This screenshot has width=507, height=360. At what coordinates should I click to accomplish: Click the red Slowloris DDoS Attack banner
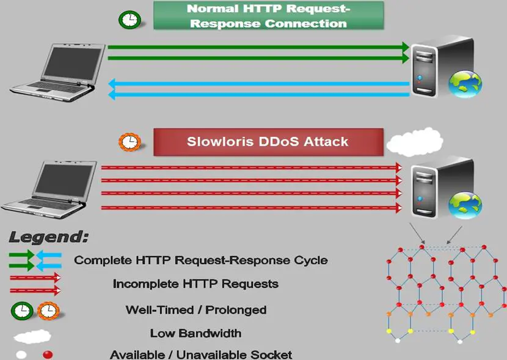point(268,142)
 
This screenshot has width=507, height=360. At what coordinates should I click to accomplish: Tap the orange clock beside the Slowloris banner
point(129,142)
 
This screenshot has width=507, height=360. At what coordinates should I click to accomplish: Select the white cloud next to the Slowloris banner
point(415,143)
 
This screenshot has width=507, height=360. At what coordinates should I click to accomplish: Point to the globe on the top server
point(465,84)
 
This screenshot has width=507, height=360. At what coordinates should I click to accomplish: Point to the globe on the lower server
point(465,205)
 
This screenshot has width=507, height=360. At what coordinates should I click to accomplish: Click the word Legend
point(49,237)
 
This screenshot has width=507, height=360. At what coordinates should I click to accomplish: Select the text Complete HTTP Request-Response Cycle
point(201,260)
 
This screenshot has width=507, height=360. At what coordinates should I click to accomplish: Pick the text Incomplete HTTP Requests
point(195,284)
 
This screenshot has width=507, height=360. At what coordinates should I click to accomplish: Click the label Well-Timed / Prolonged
point(196,309)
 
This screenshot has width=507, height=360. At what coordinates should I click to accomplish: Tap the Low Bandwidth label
point(195,333)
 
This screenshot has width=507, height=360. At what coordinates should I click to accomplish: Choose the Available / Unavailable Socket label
point(201,354)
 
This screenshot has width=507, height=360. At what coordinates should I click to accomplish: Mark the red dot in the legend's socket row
point(48,354)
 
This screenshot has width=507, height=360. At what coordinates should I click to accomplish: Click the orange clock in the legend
point(48,311)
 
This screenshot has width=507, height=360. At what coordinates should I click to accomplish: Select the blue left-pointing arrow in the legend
point(49,260)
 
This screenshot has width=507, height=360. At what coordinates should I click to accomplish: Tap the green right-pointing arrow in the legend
point(21,260)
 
